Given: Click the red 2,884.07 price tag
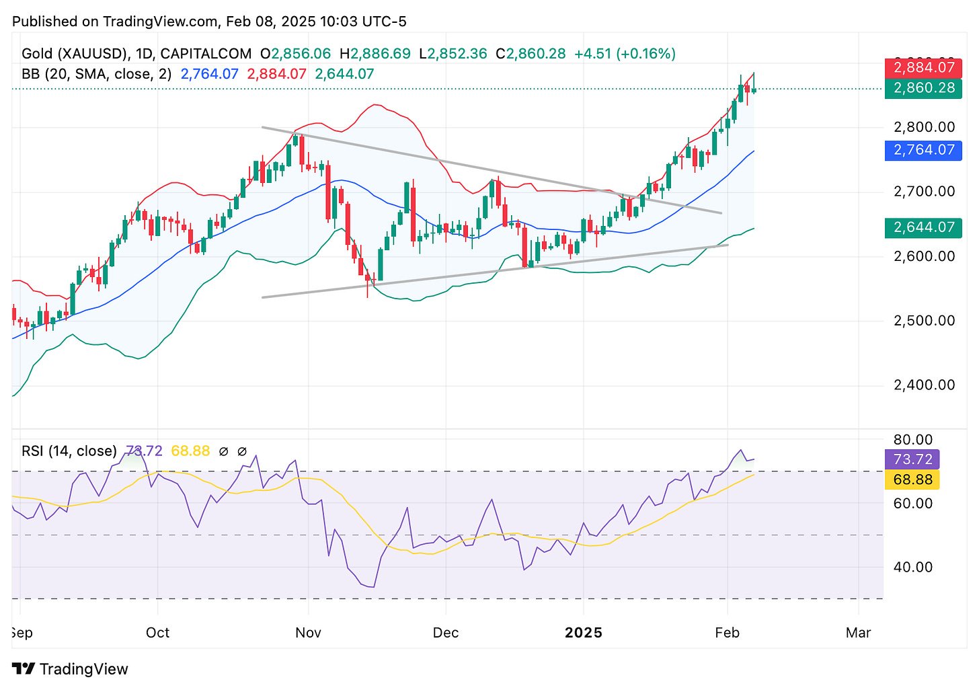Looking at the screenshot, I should pos(923,68).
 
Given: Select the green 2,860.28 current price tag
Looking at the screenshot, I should pos(923,88).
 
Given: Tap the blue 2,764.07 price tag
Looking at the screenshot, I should pos(923,150).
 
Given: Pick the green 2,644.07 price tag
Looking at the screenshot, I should pos(923,228).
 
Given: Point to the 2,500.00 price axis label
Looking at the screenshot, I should pos(924,321).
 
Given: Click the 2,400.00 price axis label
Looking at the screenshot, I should pos(924,385).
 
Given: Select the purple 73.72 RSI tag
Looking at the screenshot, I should pos(912,460).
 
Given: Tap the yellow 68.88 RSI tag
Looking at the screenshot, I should pos(912,480).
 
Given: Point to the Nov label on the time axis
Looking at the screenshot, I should pos(308,633).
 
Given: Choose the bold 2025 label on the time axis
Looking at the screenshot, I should pos(584,633).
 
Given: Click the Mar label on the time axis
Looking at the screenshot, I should pos(859,633).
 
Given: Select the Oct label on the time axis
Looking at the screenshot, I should pos(157,633).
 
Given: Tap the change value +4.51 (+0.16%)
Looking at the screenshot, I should pos(625,54).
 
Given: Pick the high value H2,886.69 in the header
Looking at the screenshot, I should pos(375,54).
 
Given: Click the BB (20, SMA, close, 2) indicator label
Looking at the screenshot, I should pos(96,74).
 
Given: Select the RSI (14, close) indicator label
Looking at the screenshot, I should pos(69,451).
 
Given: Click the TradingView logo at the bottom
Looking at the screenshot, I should pos(70,669).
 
